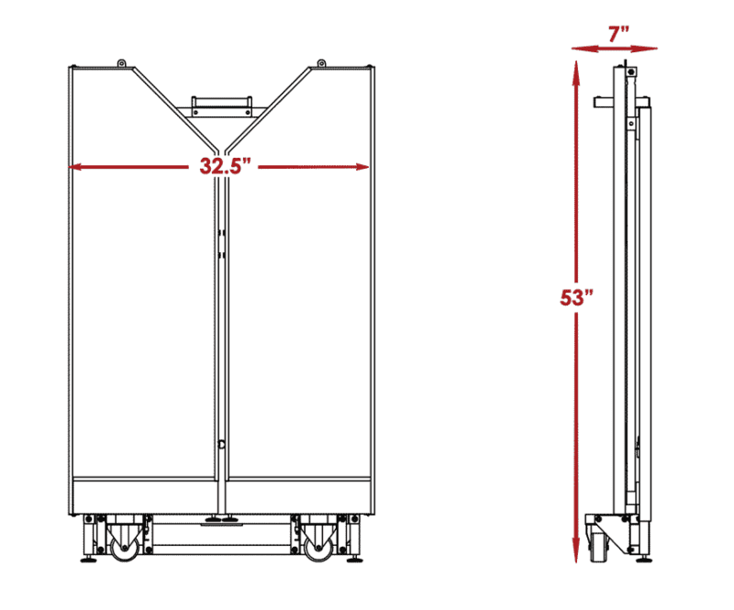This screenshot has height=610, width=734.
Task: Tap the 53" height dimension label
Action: pos(576,297)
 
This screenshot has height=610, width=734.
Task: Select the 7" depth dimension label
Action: pos(618,34)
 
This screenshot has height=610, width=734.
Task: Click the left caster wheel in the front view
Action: pos(125,549)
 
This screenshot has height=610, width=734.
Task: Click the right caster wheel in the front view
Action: pos(318,549)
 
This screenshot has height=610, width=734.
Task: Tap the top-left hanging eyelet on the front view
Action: pos(121,63)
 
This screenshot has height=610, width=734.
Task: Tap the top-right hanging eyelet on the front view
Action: pos(322,63)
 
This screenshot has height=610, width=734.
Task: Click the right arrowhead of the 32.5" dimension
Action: pos(361,167)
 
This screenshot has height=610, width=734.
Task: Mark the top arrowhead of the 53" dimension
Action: pos(576,67)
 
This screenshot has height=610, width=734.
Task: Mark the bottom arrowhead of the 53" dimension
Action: pos(576,555)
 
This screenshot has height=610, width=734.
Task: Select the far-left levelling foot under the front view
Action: pos(88,559)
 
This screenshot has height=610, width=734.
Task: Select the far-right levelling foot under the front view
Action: pos(354,559)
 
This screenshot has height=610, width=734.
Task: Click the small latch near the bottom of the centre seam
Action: pos(221,444)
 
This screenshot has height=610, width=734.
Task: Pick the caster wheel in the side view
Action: pos(598,549)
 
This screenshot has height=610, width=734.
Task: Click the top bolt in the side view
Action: pos(631,72)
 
